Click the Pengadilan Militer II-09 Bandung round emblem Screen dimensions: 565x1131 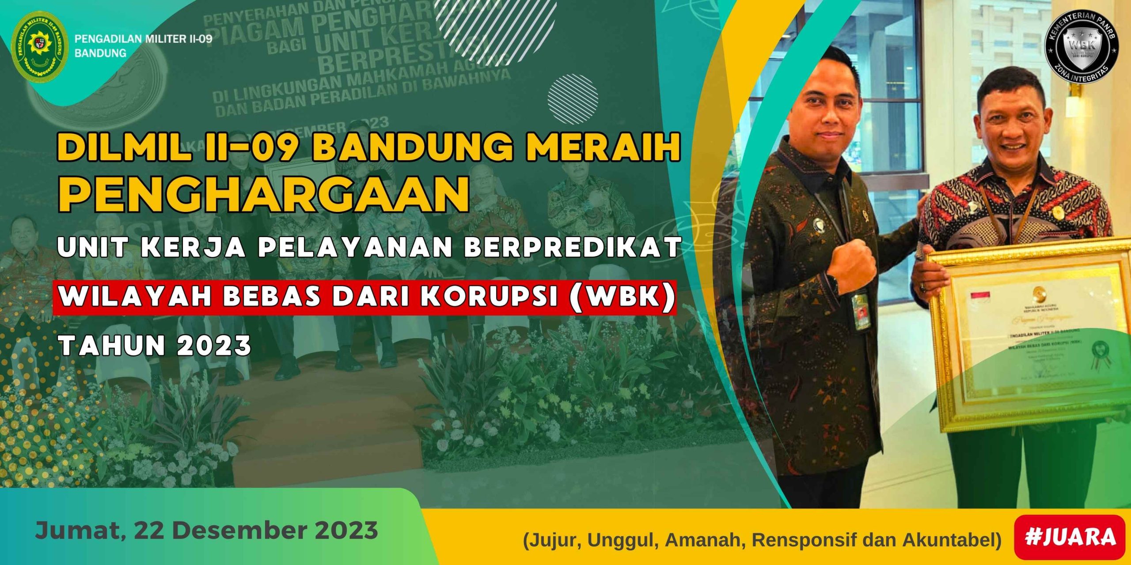[40, 49]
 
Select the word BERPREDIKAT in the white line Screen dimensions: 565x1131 [572, 247]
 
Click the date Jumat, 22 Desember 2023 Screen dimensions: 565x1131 [206, 530]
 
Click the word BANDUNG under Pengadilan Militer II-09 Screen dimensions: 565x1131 [100, 53]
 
